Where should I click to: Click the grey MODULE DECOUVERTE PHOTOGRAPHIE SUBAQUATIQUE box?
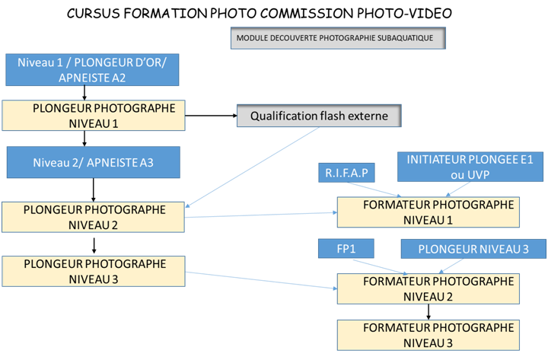[338, 38]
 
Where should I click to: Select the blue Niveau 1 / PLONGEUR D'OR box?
[92, 69]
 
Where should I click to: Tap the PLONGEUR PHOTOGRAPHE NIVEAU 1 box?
[93, 116]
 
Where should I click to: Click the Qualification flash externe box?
[319, 116]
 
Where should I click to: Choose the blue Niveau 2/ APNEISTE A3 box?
[92, 162]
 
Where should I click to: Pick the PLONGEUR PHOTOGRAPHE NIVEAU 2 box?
[94, 217]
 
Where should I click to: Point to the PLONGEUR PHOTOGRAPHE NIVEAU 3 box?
[94, 272]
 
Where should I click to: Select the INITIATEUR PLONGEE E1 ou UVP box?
[470, 167]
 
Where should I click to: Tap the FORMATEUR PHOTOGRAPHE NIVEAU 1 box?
[429, 212]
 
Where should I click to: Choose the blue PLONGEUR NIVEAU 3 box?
[472, 249]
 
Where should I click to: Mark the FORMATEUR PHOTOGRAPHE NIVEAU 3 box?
[429, 335]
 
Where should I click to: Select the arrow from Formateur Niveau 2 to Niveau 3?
[429, 311]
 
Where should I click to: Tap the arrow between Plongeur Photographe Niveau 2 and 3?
[93, 244]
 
